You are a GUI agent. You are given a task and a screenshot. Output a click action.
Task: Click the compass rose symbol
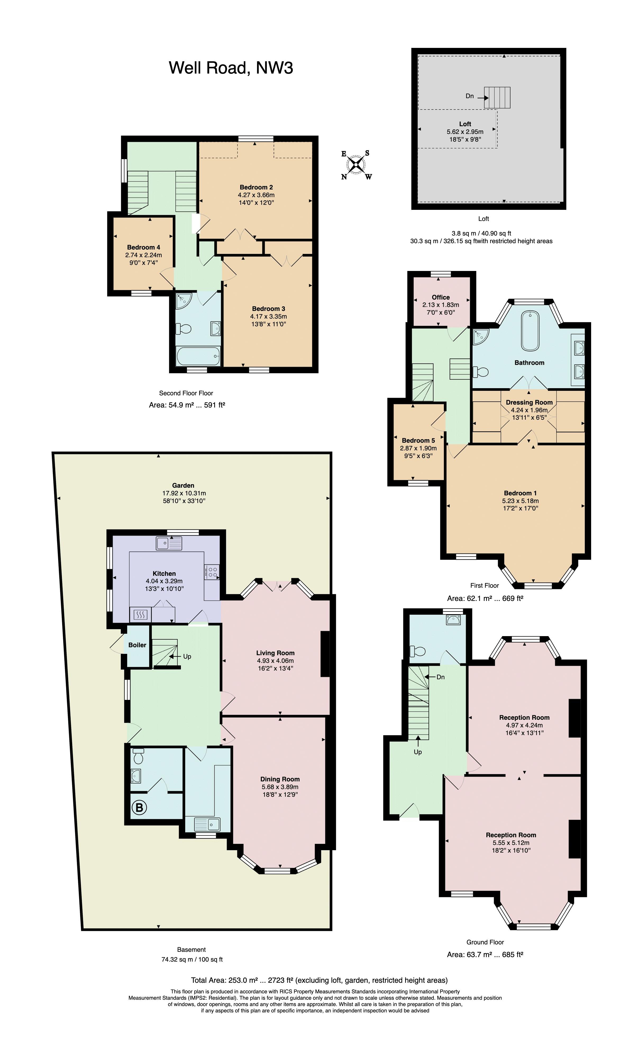click(x=357, y=165)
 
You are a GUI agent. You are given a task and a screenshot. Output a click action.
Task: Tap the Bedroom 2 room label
click(x=256, y=187)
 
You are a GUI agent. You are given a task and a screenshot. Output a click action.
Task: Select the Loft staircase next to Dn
click(x=497, y=98)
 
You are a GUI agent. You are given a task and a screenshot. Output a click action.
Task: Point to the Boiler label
click(x=137, y=645)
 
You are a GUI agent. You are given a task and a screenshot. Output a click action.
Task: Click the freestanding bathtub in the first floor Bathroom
click(x=530, y=331)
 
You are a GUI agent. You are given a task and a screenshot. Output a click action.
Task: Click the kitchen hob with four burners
click(x=212, y=571)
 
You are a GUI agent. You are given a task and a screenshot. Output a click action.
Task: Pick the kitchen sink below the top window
click(x=169, y=544)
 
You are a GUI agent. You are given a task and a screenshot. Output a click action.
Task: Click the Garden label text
click(x=183, y=485)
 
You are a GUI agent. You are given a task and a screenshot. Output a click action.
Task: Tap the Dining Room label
click(x=280, y=779)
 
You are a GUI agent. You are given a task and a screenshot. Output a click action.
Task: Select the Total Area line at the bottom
click(x=319, y=980)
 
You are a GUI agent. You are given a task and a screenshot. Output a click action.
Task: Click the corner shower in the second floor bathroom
click(x=184, y=301)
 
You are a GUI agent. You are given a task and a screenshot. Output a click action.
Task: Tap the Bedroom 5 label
click(x=418, y=440)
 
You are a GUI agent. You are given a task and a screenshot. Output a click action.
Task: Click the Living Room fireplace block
click(x=325, y=654)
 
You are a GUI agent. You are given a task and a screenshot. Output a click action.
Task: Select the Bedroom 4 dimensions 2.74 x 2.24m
click(x=143, y=255)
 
